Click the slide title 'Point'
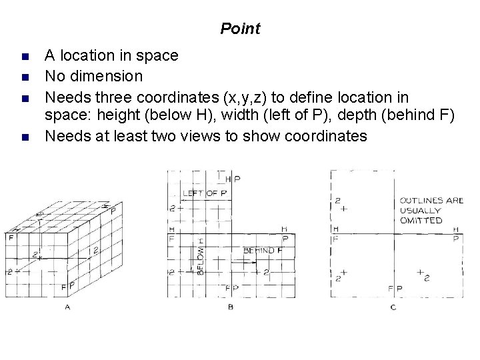(x=240, y=29)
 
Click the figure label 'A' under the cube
(x=67, y=307)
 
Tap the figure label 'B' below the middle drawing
(x=231, y=307)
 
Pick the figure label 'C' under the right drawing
(x=393, y=307)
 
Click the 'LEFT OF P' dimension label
(x=205, y=193)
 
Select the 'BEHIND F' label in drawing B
(x=263, y=250)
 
